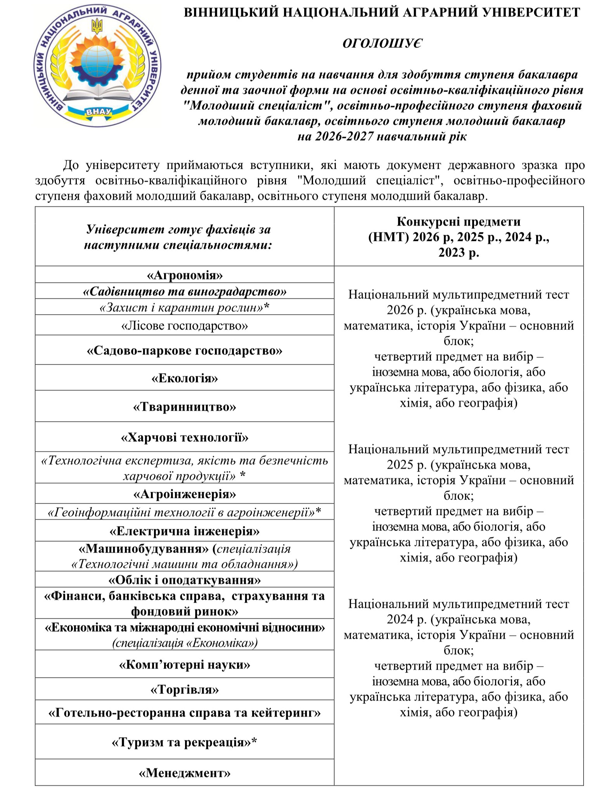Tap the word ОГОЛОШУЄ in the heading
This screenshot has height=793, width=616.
click(x=382, y=43)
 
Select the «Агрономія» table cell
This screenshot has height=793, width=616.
click(x=185, y=275)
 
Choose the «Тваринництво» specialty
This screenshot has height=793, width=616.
click(x=185, y=407)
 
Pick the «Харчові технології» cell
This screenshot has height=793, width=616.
click(x=185, y=437)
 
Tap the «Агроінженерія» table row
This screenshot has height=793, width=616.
click(x=185, y=494)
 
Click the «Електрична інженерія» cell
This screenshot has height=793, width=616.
click(x=185, y=531)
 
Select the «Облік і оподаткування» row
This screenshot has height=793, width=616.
click(x=185, y=580)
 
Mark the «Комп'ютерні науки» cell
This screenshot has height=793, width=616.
click(x=185, y=665)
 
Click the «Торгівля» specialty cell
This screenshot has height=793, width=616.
click(x=185, y=689)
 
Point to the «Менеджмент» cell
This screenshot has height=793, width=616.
click(x=185, y=773)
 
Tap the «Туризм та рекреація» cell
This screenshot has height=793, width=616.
click(x=185, y=742)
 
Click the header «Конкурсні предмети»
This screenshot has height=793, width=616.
click(x=459, y=221)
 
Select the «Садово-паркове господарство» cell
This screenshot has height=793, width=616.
click(x=185, y=351)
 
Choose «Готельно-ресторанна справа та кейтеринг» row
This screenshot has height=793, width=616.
click(x=185, y=713)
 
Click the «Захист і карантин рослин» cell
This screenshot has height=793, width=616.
click(x=185, y=308)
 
